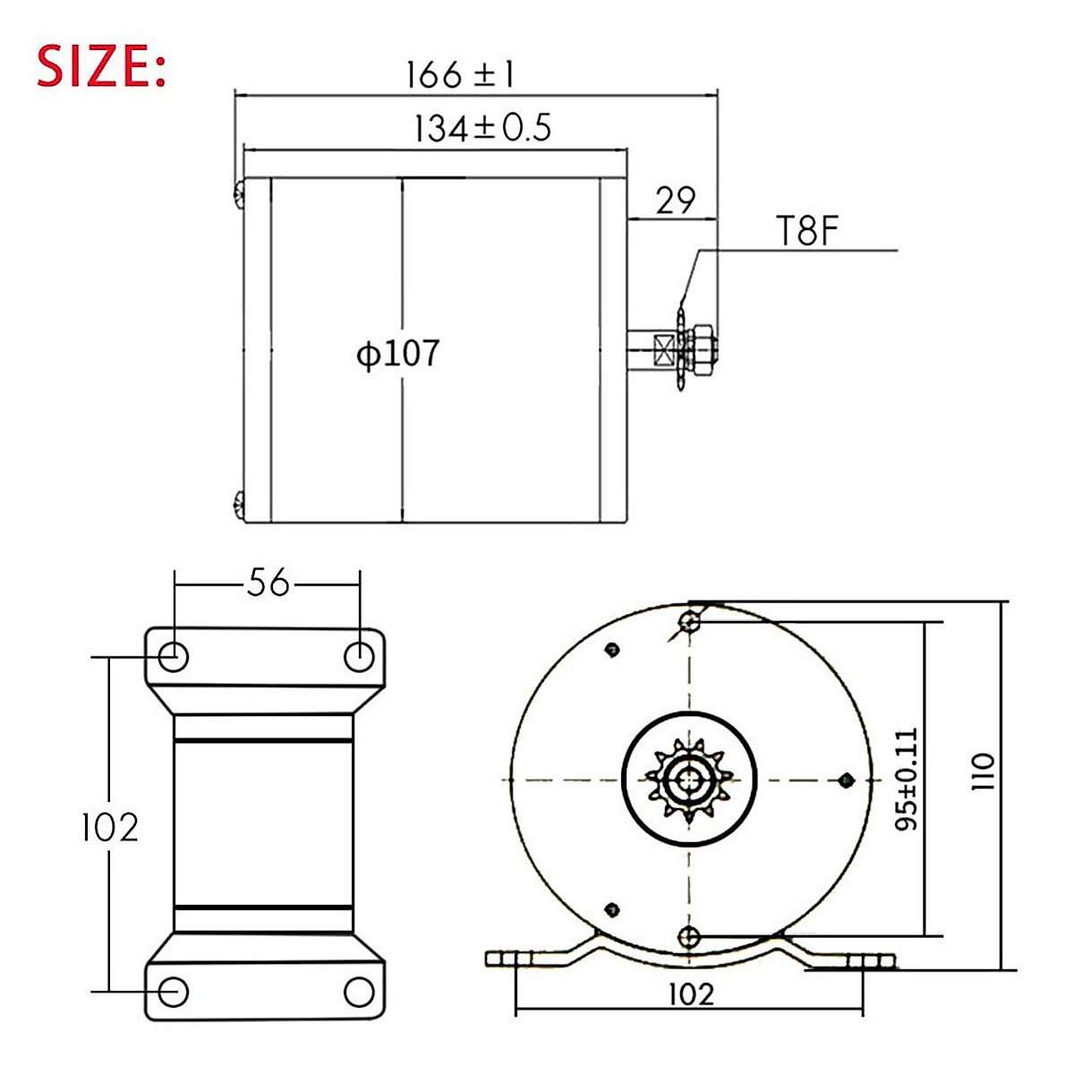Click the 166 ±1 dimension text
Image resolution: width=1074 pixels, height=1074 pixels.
point(460,75)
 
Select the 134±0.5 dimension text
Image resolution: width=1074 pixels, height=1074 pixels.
point(482,130)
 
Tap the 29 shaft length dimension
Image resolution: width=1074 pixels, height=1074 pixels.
point(675,201)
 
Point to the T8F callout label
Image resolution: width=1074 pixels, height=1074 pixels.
point(805,233)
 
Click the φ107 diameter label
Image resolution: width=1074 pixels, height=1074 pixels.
point(398,354)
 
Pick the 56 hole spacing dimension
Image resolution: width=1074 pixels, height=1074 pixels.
point(268,584)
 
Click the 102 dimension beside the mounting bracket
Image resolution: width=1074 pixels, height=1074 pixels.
point(109,827)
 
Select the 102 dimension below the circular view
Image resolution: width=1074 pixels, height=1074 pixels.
point(691,993)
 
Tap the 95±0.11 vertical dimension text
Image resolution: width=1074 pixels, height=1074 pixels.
point(907,779)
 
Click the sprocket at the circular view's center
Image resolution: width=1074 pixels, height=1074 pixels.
point(689,780)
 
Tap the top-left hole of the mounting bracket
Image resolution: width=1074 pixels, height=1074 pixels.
point(174,657)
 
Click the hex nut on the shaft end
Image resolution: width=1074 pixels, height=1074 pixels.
point(702,345)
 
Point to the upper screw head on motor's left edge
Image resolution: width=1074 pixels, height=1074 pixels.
point(239,194)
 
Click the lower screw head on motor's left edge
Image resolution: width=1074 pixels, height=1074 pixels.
point(239,506)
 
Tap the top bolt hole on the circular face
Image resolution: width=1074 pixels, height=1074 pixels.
point(689,621)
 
